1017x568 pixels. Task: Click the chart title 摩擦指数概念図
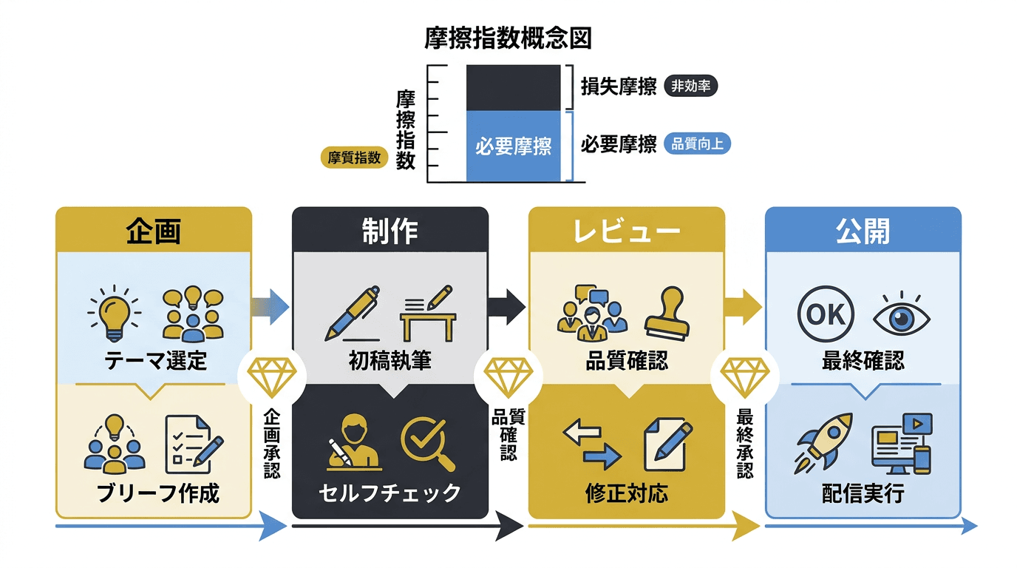(508, 38)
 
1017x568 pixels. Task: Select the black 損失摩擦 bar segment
(513, 87)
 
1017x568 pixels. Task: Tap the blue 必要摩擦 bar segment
(513, 146)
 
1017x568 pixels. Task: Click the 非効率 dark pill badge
(691, 87)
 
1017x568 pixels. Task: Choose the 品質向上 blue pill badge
(697, 144)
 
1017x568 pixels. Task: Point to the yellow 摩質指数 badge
(354, 158)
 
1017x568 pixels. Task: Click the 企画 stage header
(154, 231)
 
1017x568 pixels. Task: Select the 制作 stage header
(390, 231)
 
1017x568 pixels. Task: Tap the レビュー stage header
(626, 231)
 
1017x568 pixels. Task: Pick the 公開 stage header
(863, 231)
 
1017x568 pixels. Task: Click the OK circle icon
(826, 314)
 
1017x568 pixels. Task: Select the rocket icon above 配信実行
(823, 442)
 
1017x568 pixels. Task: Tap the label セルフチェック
(390, 493)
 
